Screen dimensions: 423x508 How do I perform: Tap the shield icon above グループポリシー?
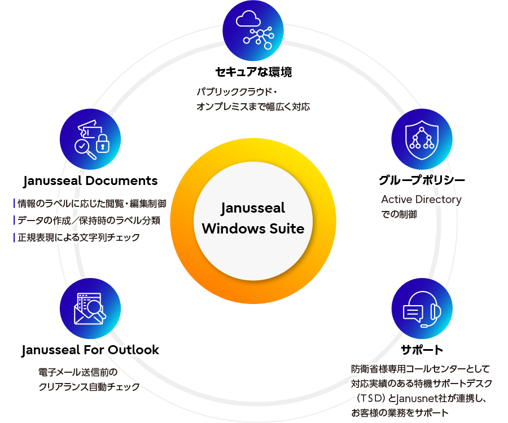pyautogui.click(x=422, y=139)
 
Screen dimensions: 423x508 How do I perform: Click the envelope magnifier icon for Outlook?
pyautogui.click(x=90, y=308)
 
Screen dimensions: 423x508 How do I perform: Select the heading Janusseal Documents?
pyautogui.click(x=90, y=181)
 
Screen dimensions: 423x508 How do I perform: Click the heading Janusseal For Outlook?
pyautogui.click(x=90, y=350)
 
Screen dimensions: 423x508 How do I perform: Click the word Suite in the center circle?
pyautogui.click(x=284, y=228)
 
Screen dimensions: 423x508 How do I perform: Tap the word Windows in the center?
pyautogui.click(x=231, y=228)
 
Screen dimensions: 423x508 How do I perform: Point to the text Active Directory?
pyautogui.click(x=421, y=200)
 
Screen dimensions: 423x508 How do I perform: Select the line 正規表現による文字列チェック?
pyautogui.click(x=79, y=237)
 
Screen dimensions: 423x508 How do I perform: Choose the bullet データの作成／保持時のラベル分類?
pyautogui.click(x=90, y=221)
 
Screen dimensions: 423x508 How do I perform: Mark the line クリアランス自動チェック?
pyautogui.click(x=89, y=387)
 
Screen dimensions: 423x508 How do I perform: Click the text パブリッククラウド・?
pyautogui.click(x=237, y=91)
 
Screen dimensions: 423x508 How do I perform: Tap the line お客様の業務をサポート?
pyautogui.click(x=400, y=413)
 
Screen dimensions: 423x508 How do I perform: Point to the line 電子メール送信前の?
pyautogui.click(x=78, y=373)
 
